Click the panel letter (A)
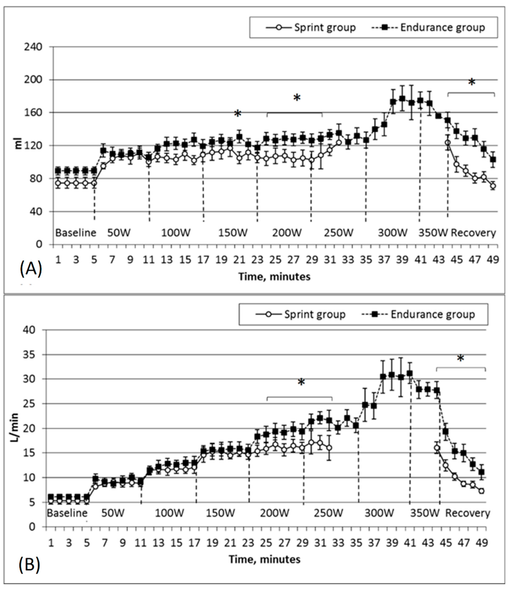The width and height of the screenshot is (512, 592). point(31,269)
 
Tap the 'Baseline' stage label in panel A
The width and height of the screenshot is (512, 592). point(76,233)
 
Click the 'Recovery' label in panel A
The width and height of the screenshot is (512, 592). point(473,233)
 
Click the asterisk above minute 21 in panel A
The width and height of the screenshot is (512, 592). point(238,114)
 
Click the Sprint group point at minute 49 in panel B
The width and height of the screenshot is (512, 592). point(482,491)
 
